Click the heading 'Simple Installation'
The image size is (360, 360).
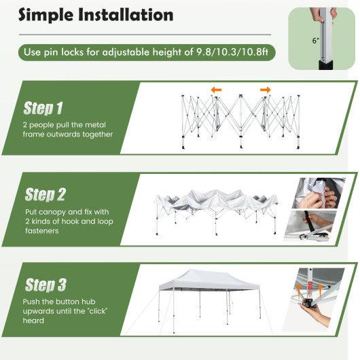coord(96,14)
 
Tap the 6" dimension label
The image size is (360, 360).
coord(316,41)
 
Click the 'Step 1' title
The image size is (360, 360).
coord(43,108)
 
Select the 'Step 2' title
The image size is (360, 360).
coord(45,196)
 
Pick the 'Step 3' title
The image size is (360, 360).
coord(45,285)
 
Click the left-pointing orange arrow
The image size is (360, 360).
coord(215,90)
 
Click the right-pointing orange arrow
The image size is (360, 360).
coord(265,90)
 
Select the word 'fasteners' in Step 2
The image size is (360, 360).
coord(42,231)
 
